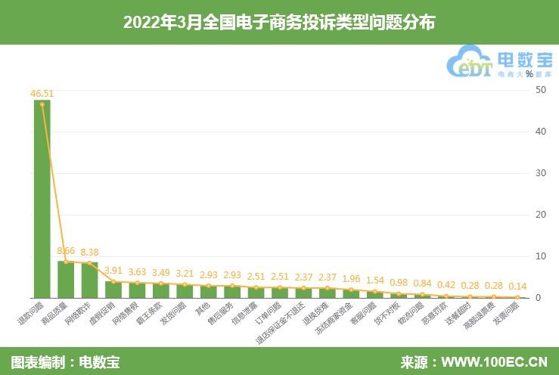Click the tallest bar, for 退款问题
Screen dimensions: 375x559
[x=42, y=200]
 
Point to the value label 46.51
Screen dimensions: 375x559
[x=42, y=94]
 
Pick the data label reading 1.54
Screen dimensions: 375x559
[x=375, y=280]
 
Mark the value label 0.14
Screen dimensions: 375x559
[x=517, y=287]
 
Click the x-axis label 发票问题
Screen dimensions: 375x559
[x=506, y=315]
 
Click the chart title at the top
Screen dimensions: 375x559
[x=279, y=23]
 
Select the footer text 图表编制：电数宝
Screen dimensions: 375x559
[x=65, y=361]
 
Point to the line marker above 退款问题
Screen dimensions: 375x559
[x=42, y=104]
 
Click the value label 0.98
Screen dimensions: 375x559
[x=399, y=282]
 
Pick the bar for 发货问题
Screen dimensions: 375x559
[x=184, y=290]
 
